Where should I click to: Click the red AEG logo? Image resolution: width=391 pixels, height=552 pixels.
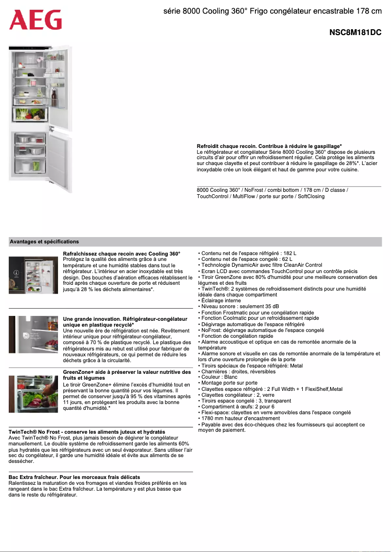[36, 20]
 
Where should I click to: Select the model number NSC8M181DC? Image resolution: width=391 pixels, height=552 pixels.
[355, 33]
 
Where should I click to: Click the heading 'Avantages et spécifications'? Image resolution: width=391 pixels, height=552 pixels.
[44, 241]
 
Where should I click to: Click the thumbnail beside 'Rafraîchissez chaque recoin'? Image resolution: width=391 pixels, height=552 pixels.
[34, 275]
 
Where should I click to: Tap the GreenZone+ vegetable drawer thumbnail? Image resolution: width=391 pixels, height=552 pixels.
[34, 394]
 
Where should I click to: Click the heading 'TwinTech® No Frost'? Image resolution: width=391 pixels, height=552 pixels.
[87, 432]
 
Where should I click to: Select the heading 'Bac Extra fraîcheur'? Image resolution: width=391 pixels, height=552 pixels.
[75, 477]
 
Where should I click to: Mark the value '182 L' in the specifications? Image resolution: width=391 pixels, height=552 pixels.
[289, 254]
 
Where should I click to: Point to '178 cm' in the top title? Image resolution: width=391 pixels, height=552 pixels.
[370, 11]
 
